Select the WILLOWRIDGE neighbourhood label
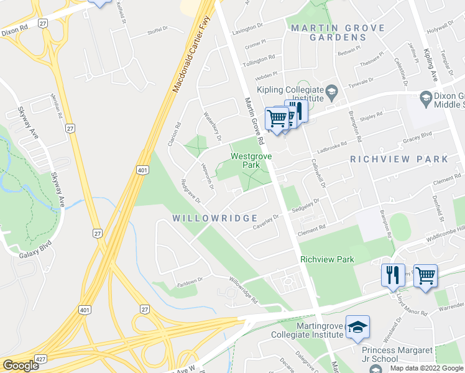[x=214, y=218]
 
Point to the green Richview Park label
[x=327, y=259]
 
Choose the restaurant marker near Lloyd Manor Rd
[x=392, y=275]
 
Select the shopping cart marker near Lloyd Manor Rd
[x=425, y=274]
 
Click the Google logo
[x=21, y=366]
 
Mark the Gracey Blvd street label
[x=417, y=135]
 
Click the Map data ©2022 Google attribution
[x=426, y=367]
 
